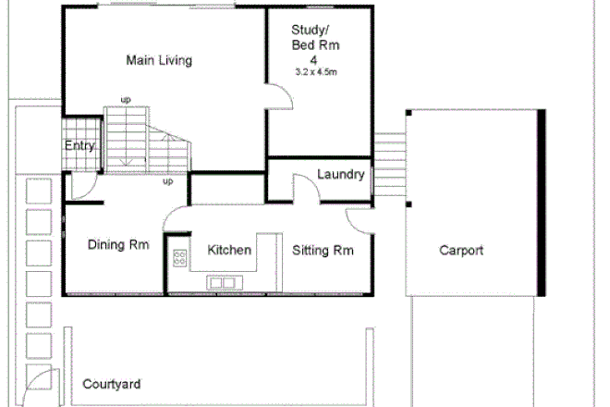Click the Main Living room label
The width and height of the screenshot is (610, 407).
[x=159, y=61]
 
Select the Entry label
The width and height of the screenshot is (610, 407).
[x=79, y=145]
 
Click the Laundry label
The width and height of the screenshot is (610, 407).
[x=340, y=175]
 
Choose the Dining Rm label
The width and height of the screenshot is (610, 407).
[x=118, y=245]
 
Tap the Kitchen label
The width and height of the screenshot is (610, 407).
[x=228, y=250]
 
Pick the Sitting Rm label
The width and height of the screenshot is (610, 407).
[x=323, y=250]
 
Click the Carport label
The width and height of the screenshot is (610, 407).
[x=461, y=250]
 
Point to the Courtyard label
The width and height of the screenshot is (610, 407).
[x=111, y=383]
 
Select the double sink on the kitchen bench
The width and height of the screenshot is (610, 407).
[x=222, y=282]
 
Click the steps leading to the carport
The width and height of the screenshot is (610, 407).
[x=388, y=162]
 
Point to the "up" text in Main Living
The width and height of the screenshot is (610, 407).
[x=125, y=100]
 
